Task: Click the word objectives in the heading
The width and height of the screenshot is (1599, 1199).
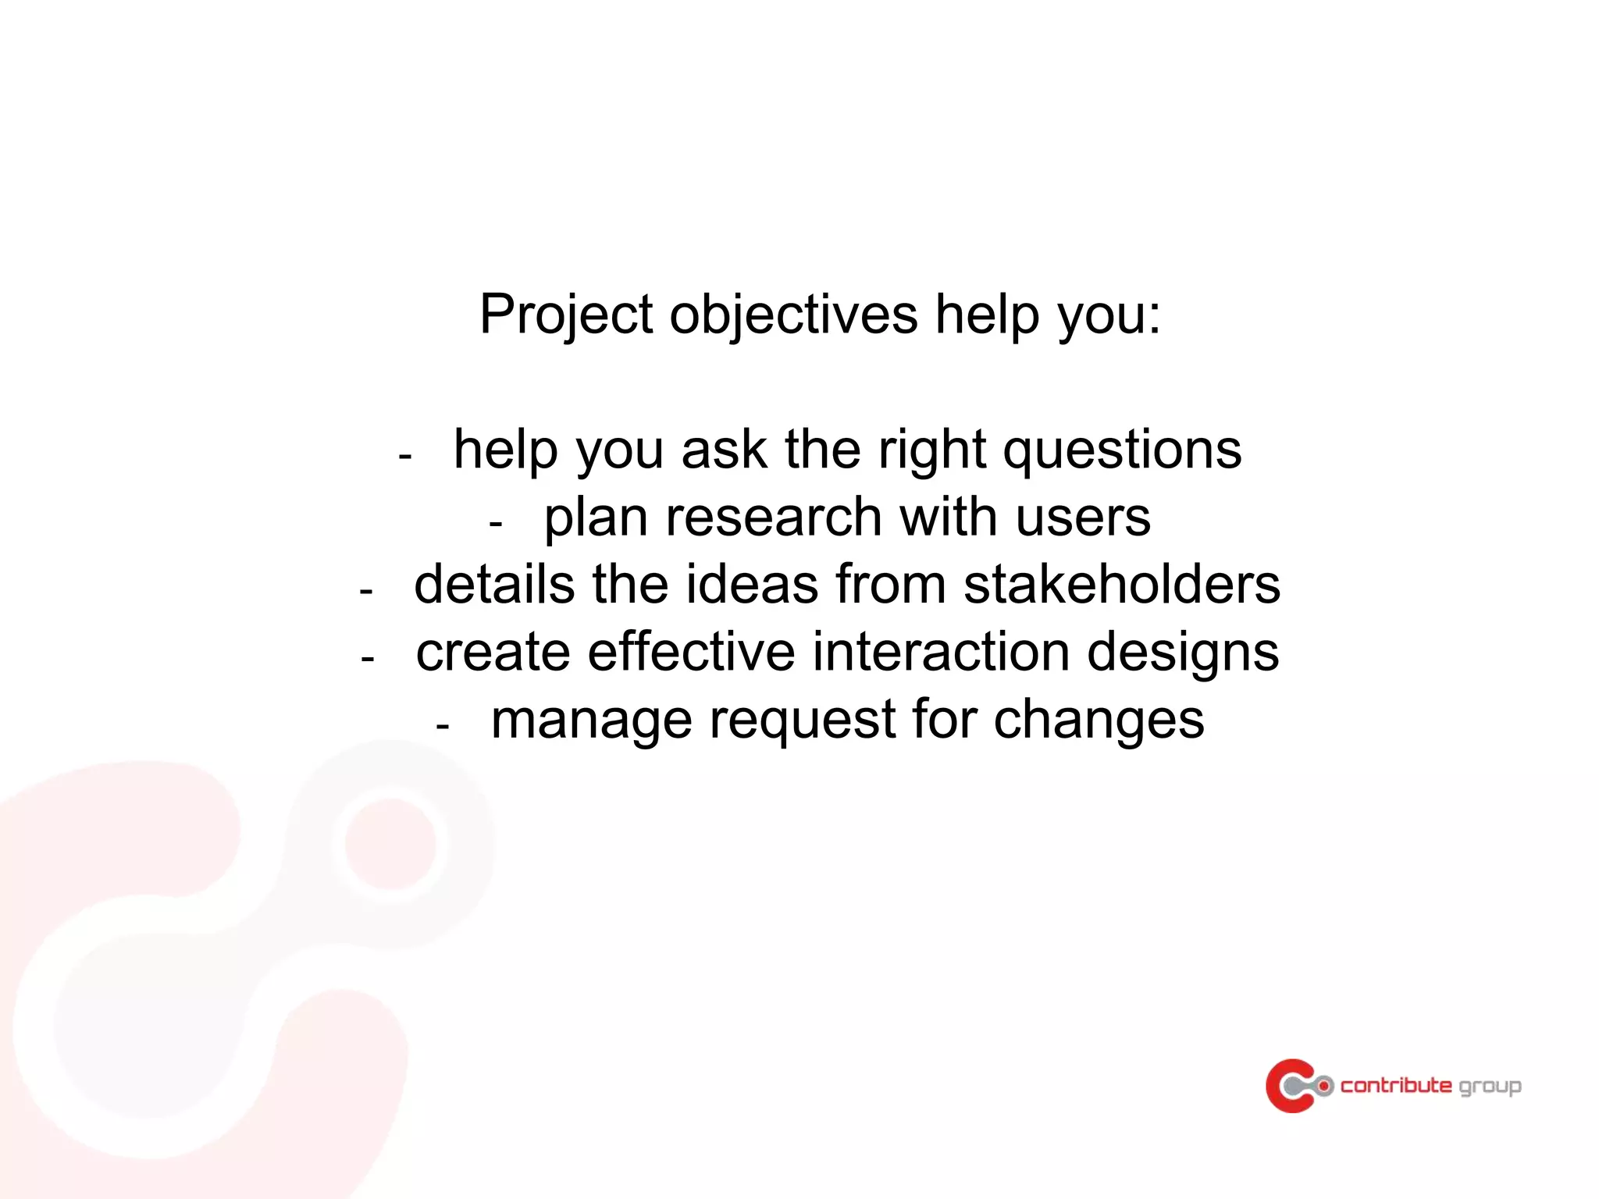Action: (x=793, y=315)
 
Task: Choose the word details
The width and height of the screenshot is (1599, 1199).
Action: (x=494, y=585)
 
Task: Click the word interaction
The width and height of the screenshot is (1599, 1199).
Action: (x=941, y=652)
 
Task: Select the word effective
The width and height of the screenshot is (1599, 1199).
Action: (x=691, y=652)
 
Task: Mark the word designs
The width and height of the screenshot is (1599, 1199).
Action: (x=1183, y=653)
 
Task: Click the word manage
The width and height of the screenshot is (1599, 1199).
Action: (x=591, y=720)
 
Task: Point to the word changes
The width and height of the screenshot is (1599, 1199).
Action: (x=1099, y=720)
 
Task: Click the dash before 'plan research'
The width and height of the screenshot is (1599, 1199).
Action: (x=495, y=524)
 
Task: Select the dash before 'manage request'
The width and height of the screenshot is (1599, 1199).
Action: (x=443, y=727)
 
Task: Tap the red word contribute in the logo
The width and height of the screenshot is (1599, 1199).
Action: (x=1396, y=1085)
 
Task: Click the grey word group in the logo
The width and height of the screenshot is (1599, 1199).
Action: (x=1490, y=1087)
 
